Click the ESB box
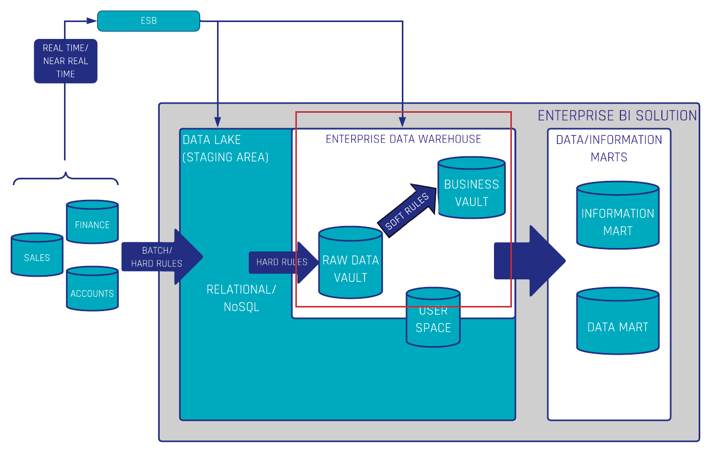tap(148, 21)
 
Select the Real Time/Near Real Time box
tap(66, 61)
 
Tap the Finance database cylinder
tap(92, 222)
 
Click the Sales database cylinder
tap(37, 255)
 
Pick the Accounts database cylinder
tap(92, 289)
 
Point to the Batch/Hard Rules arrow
tap(162, 257)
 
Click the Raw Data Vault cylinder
tap(350, 262)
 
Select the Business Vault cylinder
tap(471, 188)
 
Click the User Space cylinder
tap(433, 317)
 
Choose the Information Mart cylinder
tap(618, 215)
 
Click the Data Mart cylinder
tap(618, 321)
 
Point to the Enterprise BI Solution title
tap(617, 115)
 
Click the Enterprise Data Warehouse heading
tap(403, 139)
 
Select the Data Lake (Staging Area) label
tap(226, 148)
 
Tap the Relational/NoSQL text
tap(241, 298)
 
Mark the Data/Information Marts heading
tap(609, 148)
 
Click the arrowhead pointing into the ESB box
tap(92, 21)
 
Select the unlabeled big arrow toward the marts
tap(530, 261)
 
